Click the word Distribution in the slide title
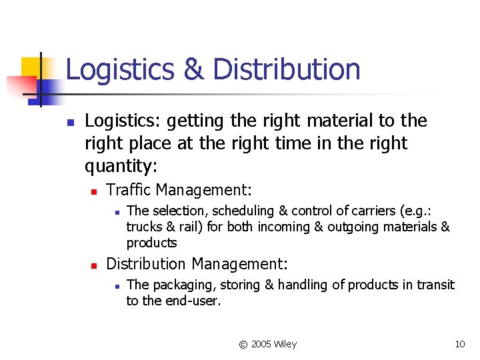288,69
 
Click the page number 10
459,344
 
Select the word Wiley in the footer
285,344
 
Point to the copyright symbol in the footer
243,345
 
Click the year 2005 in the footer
261,344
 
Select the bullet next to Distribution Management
95,265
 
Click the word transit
434,285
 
